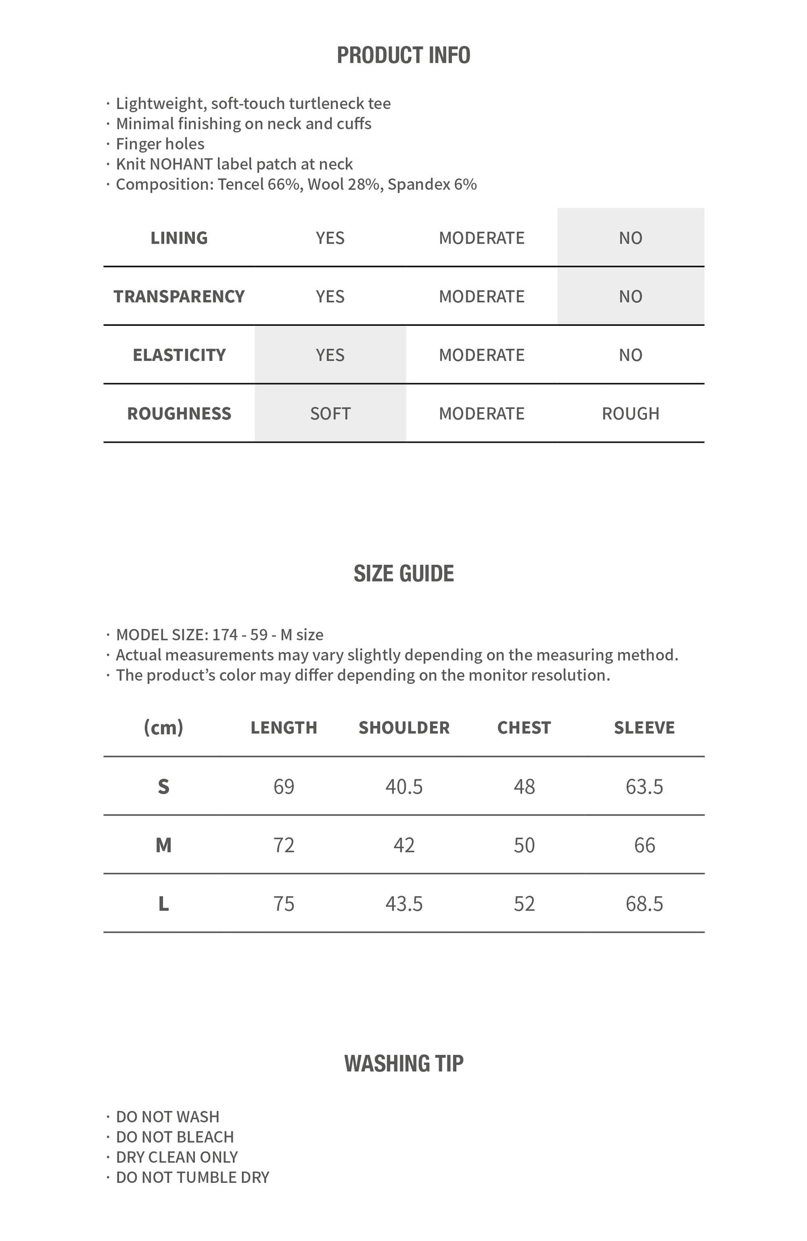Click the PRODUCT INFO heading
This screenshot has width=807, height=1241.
point(403,55)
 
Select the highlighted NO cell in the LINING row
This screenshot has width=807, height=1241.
point(631,238)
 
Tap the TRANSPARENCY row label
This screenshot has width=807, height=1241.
point(179,297)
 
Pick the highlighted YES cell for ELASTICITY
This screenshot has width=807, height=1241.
point(330,355)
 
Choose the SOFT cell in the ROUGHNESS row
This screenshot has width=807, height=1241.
point(330,414)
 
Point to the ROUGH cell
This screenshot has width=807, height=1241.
point(631,414)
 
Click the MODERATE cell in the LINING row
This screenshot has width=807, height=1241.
point(481,238)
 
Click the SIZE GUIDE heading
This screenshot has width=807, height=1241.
point(403,574)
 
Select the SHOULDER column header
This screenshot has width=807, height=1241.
point(404,728)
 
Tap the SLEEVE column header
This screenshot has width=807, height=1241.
point(644,728)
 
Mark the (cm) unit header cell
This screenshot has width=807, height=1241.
point(163,728)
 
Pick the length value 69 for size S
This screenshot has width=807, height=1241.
point(284,787)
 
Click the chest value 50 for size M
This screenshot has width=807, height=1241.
point(524,845)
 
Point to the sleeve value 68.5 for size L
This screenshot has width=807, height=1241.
point(644,904)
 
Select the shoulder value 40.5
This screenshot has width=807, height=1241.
point(404,787)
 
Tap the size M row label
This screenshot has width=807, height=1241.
point(163,845)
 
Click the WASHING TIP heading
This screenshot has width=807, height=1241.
point(403,1064)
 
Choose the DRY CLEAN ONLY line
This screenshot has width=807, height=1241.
point(176,1157)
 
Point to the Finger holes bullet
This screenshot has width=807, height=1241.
point(160,144)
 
